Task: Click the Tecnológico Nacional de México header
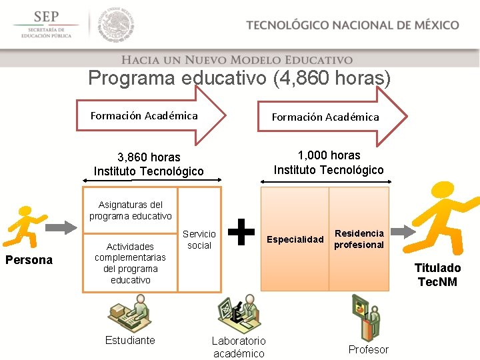click(352, 25)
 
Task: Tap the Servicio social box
click(199, 239)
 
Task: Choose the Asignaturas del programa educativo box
click(131, 210)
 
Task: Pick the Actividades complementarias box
click(131, 263)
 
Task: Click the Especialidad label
click(295, 239)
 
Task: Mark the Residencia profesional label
click(359, 239)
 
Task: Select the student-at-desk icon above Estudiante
click(131, 313)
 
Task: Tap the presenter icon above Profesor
click(365, 317)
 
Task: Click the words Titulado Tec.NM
click(437, 275)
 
